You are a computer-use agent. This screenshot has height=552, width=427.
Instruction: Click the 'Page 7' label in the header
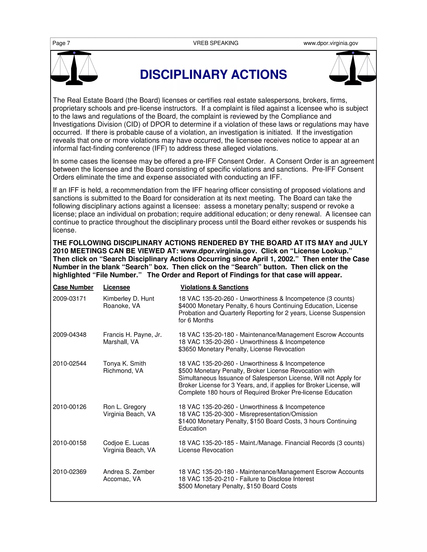61,43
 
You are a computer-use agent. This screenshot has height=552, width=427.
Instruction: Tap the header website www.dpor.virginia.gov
331,43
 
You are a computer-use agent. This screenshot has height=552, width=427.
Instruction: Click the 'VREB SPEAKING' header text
216,43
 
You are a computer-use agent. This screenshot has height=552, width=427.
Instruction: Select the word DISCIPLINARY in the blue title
184,75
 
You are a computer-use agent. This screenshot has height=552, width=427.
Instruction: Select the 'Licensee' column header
116,287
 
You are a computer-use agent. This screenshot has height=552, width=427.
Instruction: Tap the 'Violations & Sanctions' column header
214,287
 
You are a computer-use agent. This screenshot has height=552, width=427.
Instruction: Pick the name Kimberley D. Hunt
128,299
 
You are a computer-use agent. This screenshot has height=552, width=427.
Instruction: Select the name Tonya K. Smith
124,364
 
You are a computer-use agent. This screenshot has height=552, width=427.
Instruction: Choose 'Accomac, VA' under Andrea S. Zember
122,479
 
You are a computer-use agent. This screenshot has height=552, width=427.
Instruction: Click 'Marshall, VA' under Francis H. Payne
121,342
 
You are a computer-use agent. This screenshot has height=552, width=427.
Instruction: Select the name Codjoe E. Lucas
126,443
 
